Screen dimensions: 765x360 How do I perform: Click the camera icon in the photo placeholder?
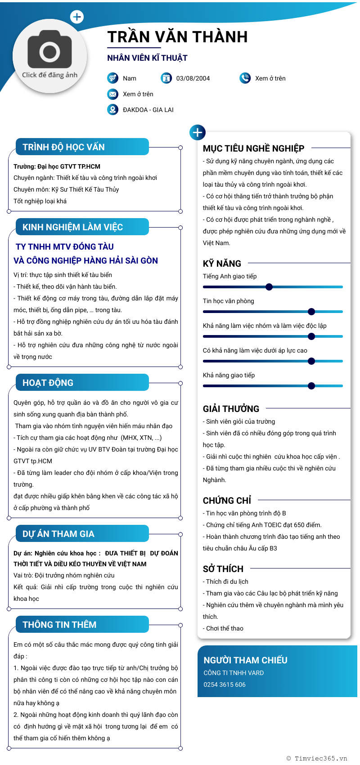tap(49, 50)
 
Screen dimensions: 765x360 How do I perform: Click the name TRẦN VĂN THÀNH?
tap(177, 37)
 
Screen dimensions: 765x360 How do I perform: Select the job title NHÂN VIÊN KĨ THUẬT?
tap(147, 58)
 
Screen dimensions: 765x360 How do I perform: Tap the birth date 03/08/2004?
tap(193, 78)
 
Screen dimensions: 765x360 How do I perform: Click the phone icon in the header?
tap(245, 78)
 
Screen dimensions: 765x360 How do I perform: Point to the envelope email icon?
tap(112, 94)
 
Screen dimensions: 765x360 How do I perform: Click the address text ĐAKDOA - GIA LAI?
tap(148, 110)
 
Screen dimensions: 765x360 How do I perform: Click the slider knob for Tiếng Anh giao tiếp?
tap(269, 287)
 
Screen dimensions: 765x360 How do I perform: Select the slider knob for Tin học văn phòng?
tap(311, 312)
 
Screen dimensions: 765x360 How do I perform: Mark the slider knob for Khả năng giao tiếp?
tap(311, 386)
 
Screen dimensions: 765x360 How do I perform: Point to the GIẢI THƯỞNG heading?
tap(231, 409)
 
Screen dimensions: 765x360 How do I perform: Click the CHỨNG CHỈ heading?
tap(227, 501)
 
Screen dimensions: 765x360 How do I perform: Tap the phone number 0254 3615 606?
tap(225, 684)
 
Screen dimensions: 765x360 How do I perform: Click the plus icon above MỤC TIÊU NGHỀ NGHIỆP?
tap(198, 132)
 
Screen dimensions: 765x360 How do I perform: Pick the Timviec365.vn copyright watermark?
tap(317, 758)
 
